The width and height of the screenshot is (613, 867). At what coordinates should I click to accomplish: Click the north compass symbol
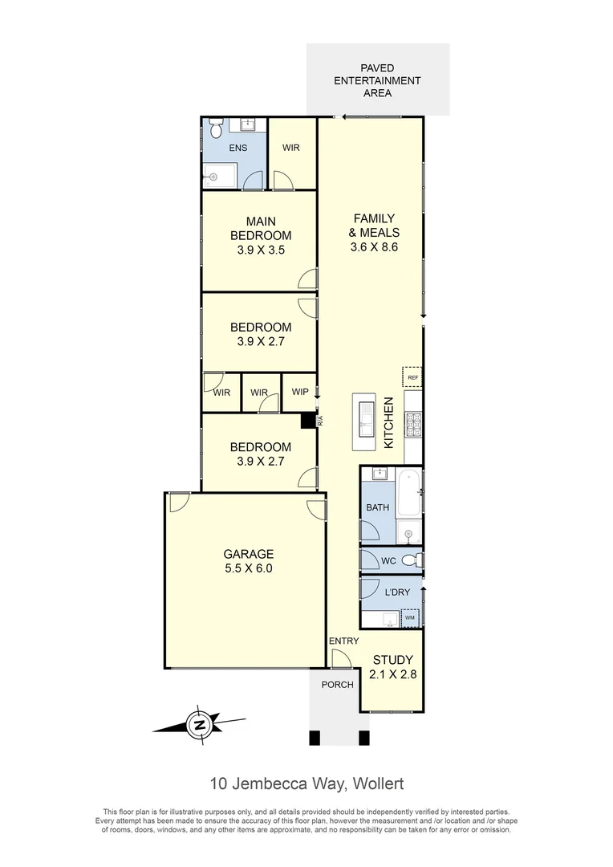[x=198, y=725]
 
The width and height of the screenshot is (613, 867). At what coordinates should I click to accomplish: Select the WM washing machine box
[x=410, y=617]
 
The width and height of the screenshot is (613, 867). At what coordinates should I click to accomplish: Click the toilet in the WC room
[x=410, y=560]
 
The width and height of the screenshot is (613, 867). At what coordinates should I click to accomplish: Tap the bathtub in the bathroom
[x=410, y=491]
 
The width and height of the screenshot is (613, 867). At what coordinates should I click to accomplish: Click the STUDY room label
[x=393, y=661]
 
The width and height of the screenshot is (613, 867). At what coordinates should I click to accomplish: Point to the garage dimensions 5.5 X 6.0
[x=249, y=568]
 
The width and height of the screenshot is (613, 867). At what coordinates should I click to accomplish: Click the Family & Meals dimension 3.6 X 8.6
[x=374, y=247]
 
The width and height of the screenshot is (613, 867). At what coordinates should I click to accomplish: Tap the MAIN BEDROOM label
[x=261, y=228]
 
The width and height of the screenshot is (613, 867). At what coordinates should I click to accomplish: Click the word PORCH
[x=337, y=685]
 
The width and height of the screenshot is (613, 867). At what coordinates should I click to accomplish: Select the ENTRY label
[x=343, y=641]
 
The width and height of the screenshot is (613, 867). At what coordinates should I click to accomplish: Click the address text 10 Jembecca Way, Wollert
[x=306, y=782]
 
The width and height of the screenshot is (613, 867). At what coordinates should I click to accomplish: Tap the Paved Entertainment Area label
[x=378, y=81]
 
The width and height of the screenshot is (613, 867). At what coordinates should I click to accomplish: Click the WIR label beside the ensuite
[x=291, y=149]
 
